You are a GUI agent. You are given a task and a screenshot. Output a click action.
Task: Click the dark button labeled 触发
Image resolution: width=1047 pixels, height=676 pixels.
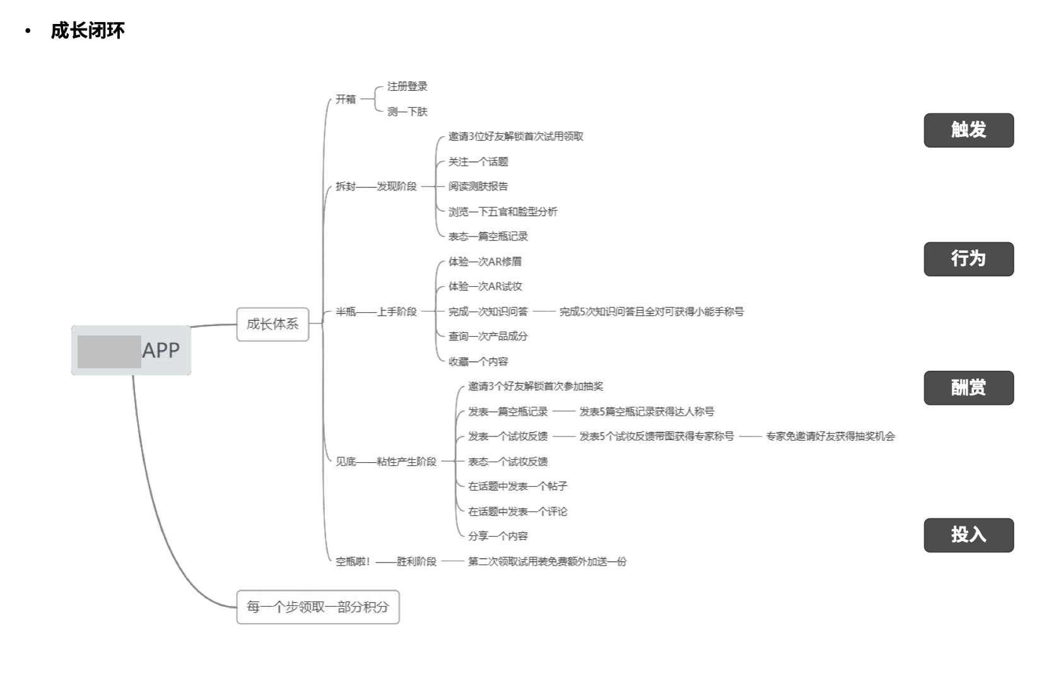tap(968, 130)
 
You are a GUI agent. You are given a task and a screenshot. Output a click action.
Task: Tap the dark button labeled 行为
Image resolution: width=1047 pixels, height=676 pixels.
tap(968, 259)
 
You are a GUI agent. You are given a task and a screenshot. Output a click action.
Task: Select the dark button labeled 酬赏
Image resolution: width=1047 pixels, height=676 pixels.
tap(968, 387)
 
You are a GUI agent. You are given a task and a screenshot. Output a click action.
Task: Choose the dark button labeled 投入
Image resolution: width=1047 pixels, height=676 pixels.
tap(968, 535)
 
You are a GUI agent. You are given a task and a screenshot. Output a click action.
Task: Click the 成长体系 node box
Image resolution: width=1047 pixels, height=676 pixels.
tap(272, 324)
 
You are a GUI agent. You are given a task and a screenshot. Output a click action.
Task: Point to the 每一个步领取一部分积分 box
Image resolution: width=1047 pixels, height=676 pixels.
tap(318, 607)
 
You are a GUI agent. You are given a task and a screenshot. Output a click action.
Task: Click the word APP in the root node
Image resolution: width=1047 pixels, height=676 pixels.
tap(161, 351)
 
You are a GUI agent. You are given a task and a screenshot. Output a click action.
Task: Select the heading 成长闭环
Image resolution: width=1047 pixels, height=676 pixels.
tap(88, 30)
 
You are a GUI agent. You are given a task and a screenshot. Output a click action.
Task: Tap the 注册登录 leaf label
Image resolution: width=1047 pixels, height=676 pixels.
tap(407, 86)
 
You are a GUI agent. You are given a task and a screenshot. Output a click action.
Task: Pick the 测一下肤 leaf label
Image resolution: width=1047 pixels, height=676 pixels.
tap(407, 112)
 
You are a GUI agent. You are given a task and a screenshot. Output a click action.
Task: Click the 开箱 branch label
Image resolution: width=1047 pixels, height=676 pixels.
tap(346, 99)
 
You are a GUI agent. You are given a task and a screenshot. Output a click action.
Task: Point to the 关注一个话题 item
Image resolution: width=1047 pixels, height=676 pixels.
tap(478, 162)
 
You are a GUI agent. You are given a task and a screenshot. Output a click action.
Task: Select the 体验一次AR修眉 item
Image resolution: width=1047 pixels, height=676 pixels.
tap(485, 262)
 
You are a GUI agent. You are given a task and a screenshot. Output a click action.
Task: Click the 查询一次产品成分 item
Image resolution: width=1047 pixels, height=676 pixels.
tap(488, 336)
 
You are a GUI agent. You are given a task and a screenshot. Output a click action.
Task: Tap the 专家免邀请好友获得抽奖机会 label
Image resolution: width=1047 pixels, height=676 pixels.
tap(830, 436)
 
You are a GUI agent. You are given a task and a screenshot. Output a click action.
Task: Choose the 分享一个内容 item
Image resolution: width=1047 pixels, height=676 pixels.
tap(498, 536)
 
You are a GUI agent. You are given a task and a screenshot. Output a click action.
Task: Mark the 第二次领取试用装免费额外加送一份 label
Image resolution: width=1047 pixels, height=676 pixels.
tap(547, 561)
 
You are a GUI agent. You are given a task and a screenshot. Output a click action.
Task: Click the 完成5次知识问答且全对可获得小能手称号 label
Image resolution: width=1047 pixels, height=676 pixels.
tap(652, 312)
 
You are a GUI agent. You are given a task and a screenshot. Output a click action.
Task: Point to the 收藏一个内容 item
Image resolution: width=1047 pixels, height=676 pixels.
tap(478, 361)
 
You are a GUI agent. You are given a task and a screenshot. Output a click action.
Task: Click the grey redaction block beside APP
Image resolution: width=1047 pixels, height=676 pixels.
tap(109, 352)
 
